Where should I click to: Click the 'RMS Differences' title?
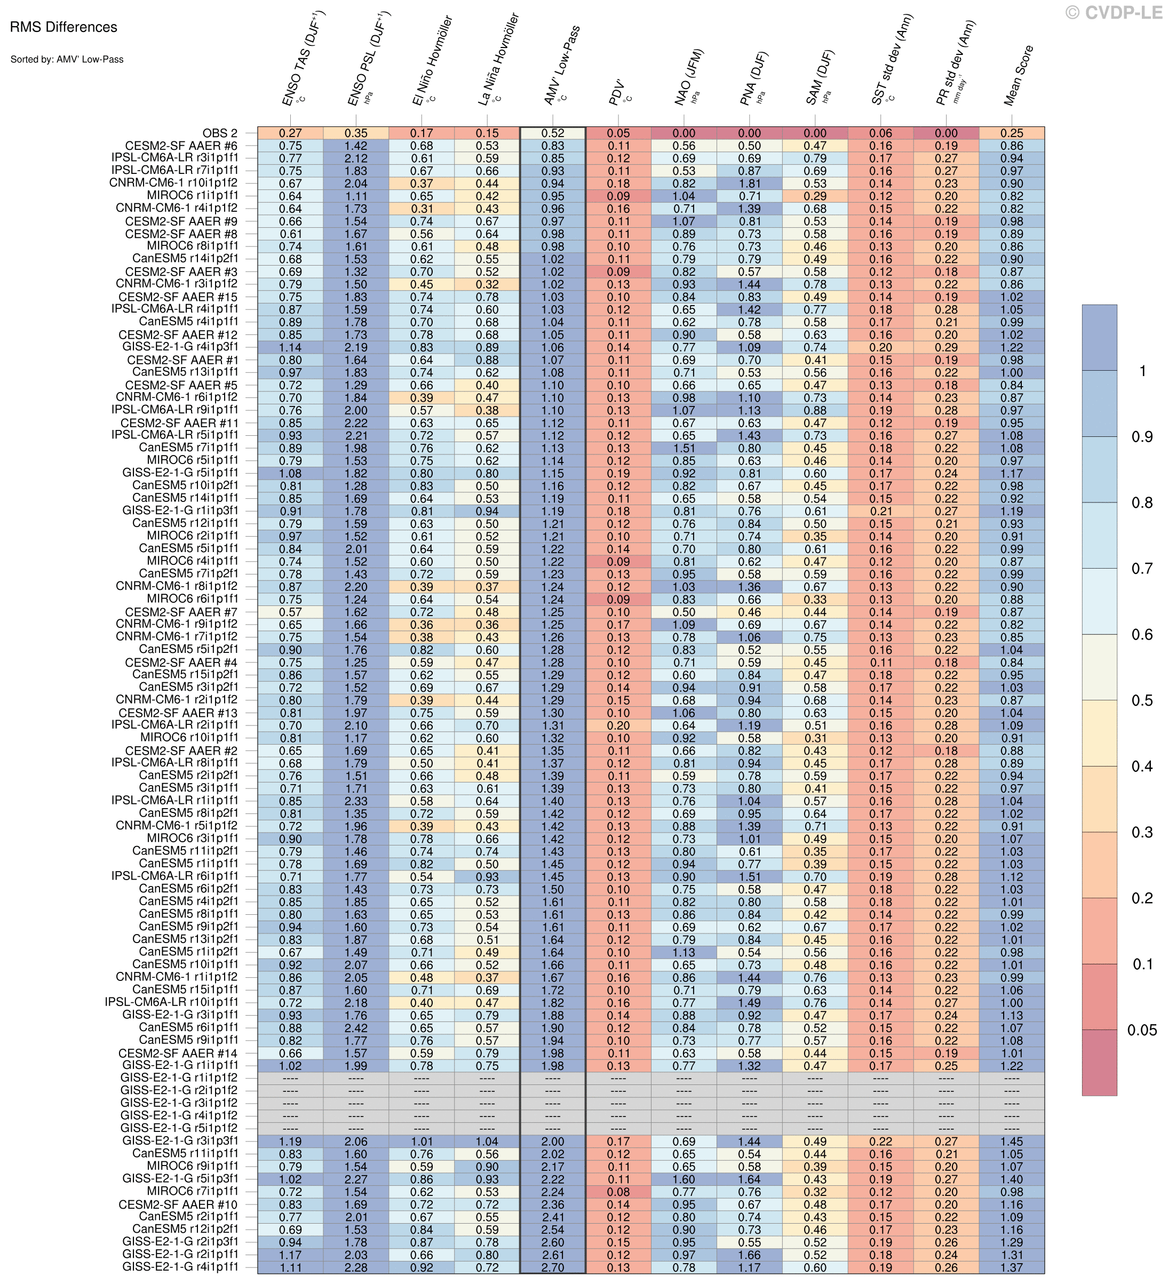[63, 27]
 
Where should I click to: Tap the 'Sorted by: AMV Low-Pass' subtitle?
[67, 59]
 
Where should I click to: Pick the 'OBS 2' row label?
[220, 133]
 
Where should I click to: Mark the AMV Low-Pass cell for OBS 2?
[552, 133]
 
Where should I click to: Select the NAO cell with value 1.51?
[684, 448]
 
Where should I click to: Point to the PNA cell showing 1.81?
[750, 183]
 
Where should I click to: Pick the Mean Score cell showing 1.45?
[1012, 1142]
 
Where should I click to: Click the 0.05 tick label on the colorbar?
[1141, 1030]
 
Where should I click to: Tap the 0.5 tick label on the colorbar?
[1142, 700]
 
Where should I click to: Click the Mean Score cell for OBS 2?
[1012, 133]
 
